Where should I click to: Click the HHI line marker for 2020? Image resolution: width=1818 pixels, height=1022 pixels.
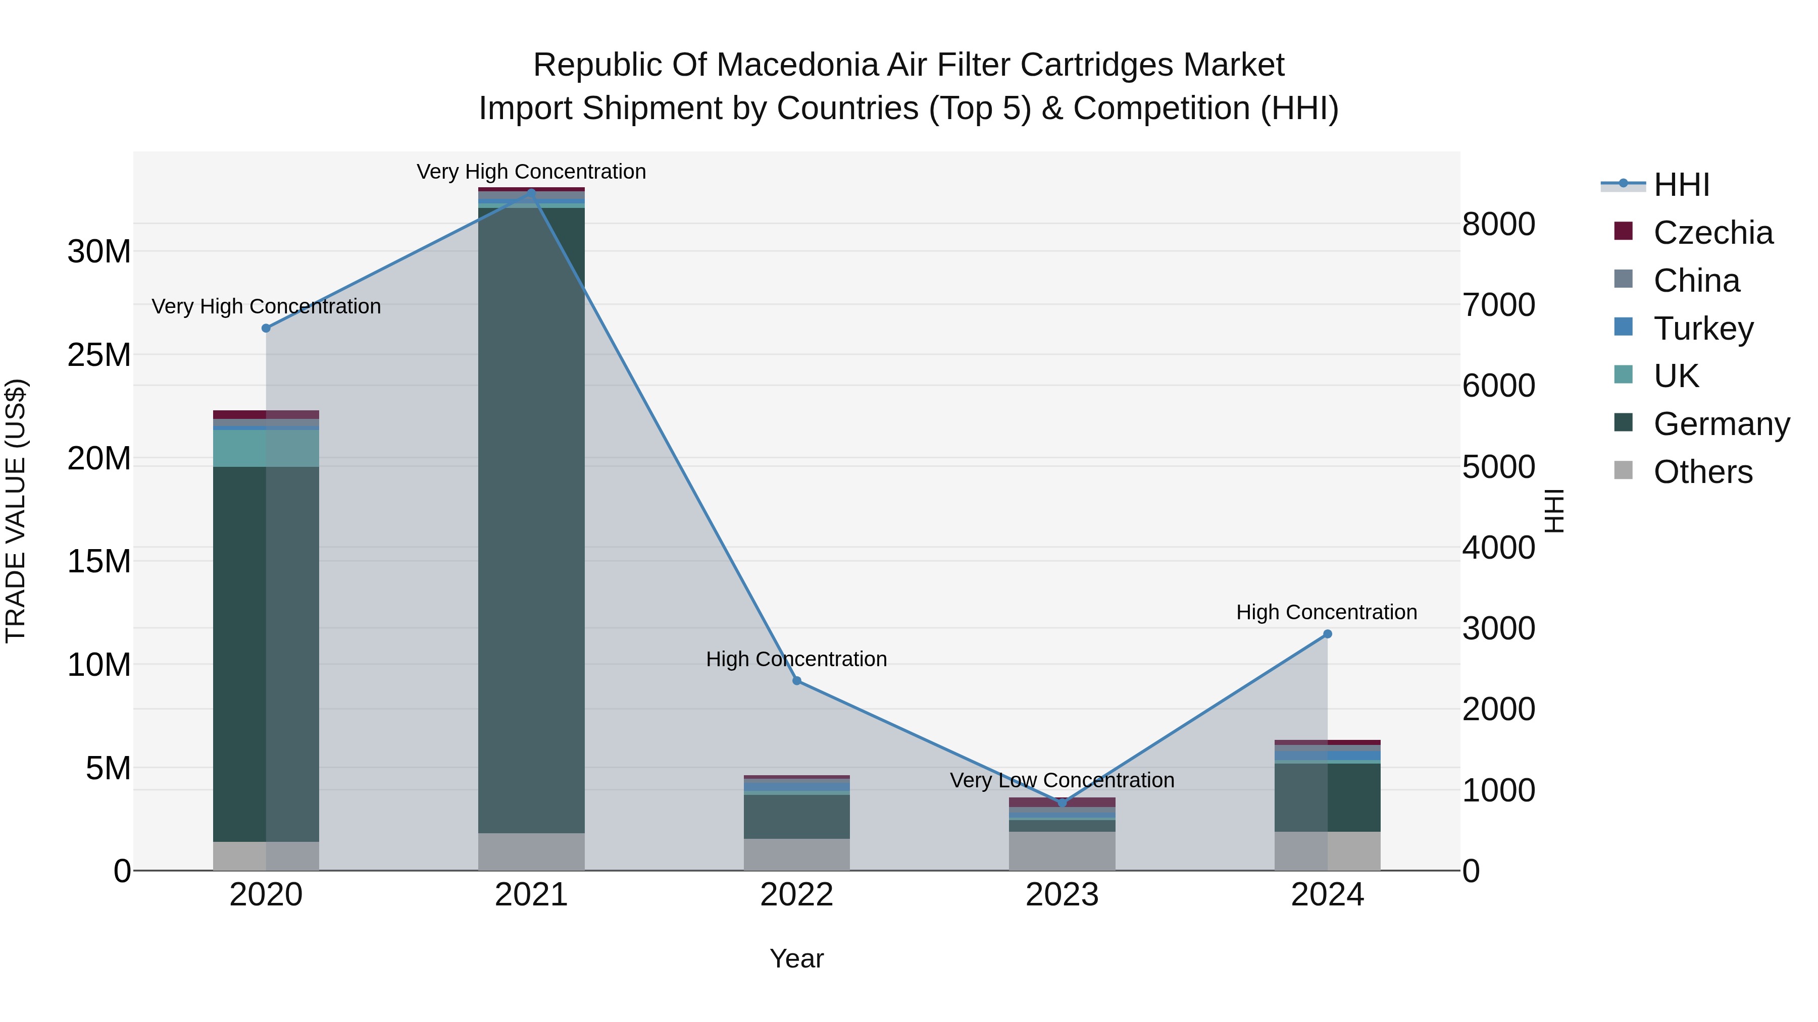(x=266, y=328)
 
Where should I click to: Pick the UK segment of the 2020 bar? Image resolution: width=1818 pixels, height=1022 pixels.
(x=266, y=448)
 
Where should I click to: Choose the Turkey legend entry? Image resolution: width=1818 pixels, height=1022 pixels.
(x=1702, y=329)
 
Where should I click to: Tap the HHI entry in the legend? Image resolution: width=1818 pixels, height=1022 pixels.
(x=1681, y=185)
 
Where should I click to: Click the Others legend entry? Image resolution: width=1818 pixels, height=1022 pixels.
(x=1702, y=472)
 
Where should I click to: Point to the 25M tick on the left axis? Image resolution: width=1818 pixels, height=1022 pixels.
(x=99, y=355)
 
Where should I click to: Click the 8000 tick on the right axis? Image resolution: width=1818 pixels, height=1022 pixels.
(x=1498, y=224)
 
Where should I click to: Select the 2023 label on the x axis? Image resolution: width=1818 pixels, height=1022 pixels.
(x=1062, y=895)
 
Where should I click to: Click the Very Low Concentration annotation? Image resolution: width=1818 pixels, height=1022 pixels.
(x=1062, y=780)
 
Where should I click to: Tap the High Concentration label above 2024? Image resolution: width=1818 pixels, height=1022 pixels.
(x=1326, y=612)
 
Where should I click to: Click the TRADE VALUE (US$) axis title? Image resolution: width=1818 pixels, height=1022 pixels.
(x=16, y=511)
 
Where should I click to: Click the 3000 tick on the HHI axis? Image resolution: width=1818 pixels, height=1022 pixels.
(x=1498, y=628)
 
